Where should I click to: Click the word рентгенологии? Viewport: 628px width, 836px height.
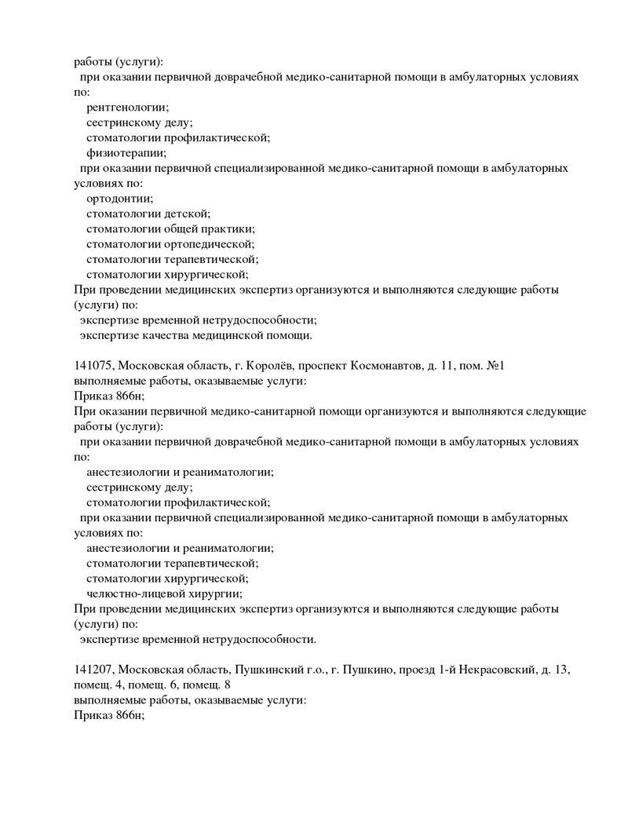(127, 107)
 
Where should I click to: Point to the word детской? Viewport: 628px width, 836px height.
(187, 214)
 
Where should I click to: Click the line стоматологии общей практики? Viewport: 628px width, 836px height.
(170, 228)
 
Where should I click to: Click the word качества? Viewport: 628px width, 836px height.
(181, 335)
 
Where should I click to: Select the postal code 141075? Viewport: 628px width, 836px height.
(93, 366)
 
